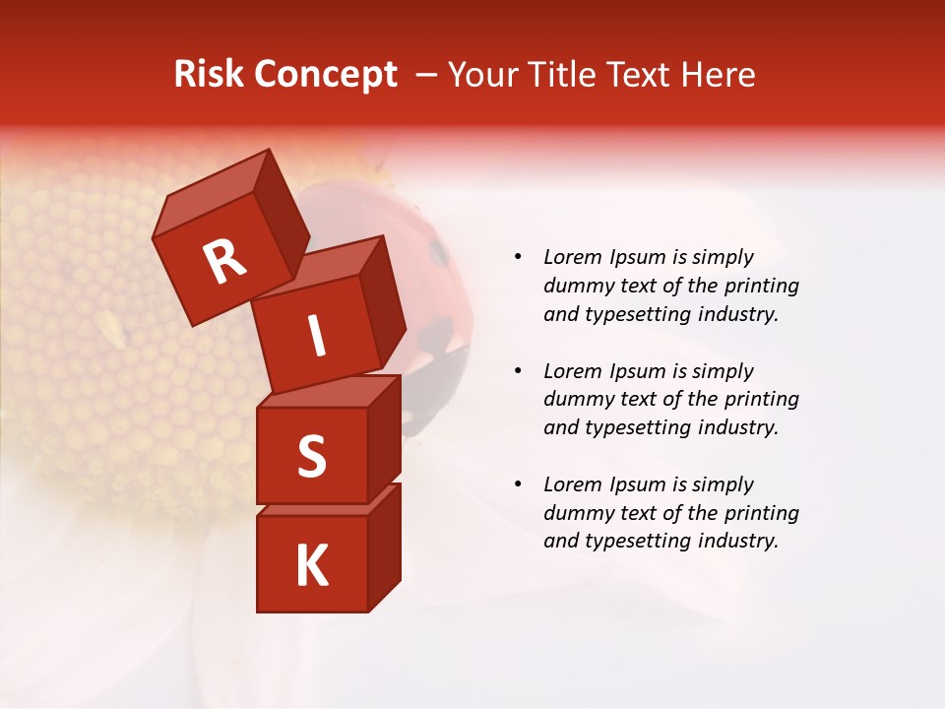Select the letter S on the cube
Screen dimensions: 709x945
(x=311, y=456)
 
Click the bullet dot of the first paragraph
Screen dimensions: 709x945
(x=518, y=257)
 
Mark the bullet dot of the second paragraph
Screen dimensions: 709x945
(x=518, y=371)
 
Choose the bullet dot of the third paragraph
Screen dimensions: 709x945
(x=518, y=484)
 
